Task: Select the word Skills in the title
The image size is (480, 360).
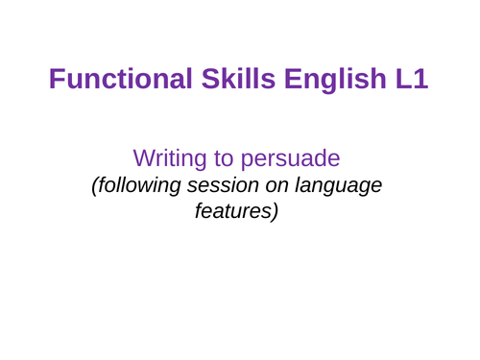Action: click(x=228, y=83)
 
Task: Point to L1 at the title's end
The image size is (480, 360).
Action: click(x=412, y=83)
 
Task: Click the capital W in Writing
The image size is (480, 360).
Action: click(x=142, y=157)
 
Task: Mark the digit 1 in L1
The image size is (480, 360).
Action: click(x=420, y=83)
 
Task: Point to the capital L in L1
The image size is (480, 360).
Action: click(x=402, y=83)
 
